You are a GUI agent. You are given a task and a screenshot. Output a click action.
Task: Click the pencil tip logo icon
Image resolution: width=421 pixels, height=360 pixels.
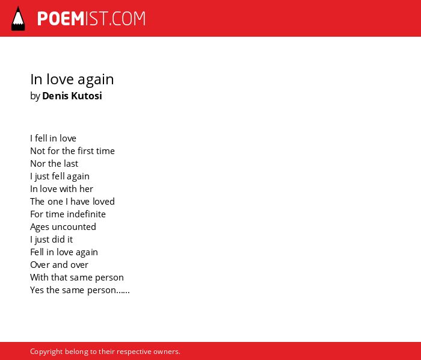[18, 19]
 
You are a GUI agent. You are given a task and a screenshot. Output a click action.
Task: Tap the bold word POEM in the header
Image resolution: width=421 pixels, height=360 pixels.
[61, 19]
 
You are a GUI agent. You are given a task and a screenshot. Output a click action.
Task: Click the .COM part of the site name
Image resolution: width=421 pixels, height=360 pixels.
[127, 19]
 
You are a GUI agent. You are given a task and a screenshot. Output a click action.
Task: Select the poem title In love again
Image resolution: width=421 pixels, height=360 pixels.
[72, 79]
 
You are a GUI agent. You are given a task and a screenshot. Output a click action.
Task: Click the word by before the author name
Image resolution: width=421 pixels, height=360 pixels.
[35, 96]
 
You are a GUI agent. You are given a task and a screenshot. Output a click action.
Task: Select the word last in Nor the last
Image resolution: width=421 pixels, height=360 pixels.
[70, 164]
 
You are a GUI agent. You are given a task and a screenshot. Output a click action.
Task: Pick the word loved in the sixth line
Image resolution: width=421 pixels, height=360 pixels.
[103, 202]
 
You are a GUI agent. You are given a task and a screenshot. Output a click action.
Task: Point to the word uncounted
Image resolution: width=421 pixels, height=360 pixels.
[74, 227]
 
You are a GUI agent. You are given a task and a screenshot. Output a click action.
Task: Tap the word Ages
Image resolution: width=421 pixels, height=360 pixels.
[40, 228]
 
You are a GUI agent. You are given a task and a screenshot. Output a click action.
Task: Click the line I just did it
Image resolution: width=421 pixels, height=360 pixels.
[51, 240]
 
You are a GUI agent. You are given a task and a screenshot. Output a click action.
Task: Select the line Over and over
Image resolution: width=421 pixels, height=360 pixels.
[59, 265]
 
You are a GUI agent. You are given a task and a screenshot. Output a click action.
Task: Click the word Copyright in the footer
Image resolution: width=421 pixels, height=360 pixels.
[46, 352]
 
